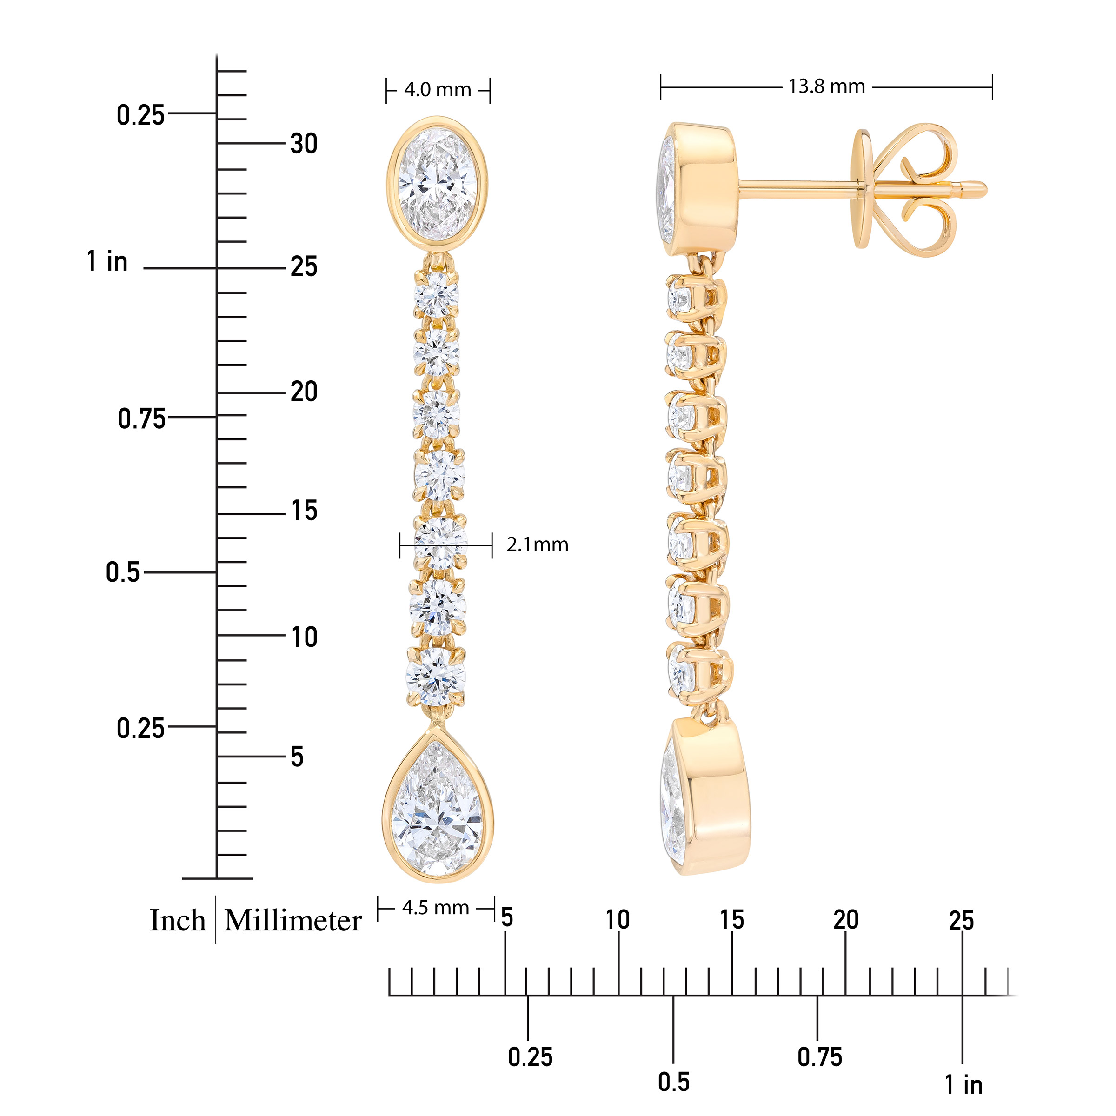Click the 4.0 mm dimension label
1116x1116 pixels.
437,90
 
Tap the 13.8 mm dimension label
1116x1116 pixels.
827,86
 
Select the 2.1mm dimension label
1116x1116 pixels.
537,545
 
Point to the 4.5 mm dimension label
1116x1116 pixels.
436,908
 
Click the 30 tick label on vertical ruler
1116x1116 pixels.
304,144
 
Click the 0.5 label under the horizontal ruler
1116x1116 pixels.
673,1082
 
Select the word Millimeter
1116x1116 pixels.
293,921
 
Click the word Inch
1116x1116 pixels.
178,921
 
